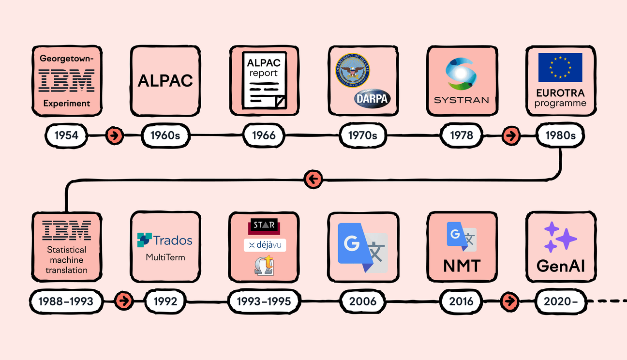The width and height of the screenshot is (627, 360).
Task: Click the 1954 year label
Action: click(x=66, y=135)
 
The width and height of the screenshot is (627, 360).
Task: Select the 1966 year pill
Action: click(x=264, y=135)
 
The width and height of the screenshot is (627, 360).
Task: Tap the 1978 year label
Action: click(x=461, y=135)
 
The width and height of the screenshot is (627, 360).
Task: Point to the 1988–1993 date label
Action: click(x=66, y=301)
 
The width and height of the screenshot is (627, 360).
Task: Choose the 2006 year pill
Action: click(x=363, y=301)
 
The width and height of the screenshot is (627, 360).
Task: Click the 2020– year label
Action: click(x=560, y=301)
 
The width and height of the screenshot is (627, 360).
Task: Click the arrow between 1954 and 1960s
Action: click(x=115, y=135)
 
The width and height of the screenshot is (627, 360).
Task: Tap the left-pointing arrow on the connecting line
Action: click(x=313, y=180)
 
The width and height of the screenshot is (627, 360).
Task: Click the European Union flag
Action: click(x=560, y=68)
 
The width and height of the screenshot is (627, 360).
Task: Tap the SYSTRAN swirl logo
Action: click(x=461, y=74)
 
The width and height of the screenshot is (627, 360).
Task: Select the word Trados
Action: click(x=173, y=240)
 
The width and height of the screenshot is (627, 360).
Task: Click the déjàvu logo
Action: click(x=265, y=245)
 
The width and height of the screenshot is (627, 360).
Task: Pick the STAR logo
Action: click(x=264, y=226)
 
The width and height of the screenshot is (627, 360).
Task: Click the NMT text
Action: click(x=461, y=266)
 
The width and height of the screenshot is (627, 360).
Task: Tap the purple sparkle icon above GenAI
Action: click(x=560, y=237)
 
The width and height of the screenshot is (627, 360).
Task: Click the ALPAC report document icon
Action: click(x=264, y=81)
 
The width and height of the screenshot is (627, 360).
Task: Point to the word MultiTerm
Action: click(x=165, y=257)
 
